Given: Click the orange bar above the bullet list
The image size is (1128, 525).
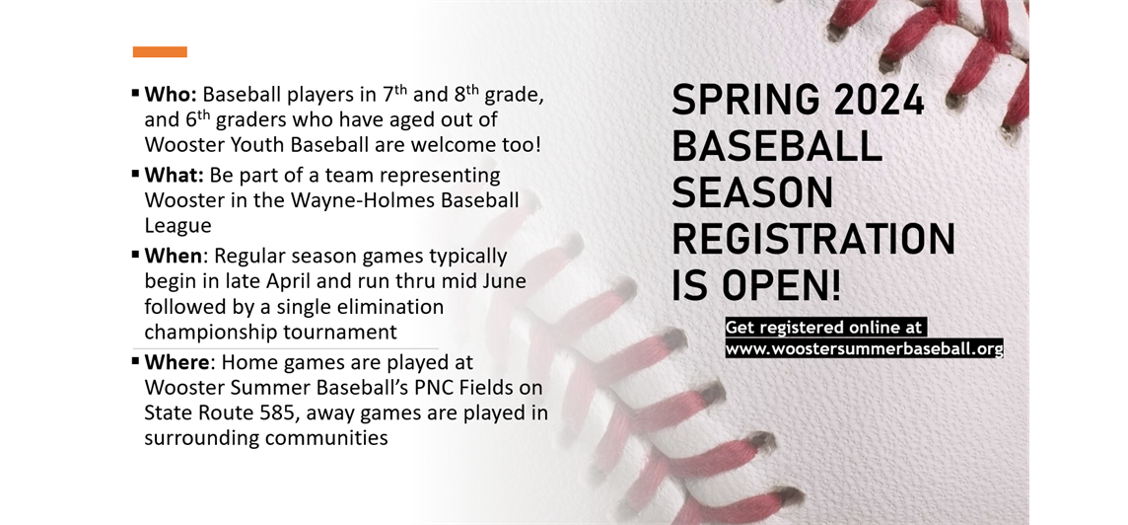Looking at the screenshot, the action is tap(160, 52).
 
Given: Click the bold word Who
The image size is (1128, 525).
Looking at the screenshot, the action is tap(171, 95).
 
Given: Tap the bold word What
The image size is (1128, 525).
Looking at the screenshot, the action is tap(175, 176).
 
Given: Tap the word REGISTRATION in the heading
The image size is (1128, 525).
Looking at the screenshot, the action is tap(813, 240).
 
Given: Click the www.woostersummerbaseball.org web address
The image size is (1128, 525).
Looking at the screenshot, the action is tap(864, 348).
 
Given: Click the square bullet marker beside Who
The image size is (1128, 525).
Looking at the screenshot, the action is tap(136, 94).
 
